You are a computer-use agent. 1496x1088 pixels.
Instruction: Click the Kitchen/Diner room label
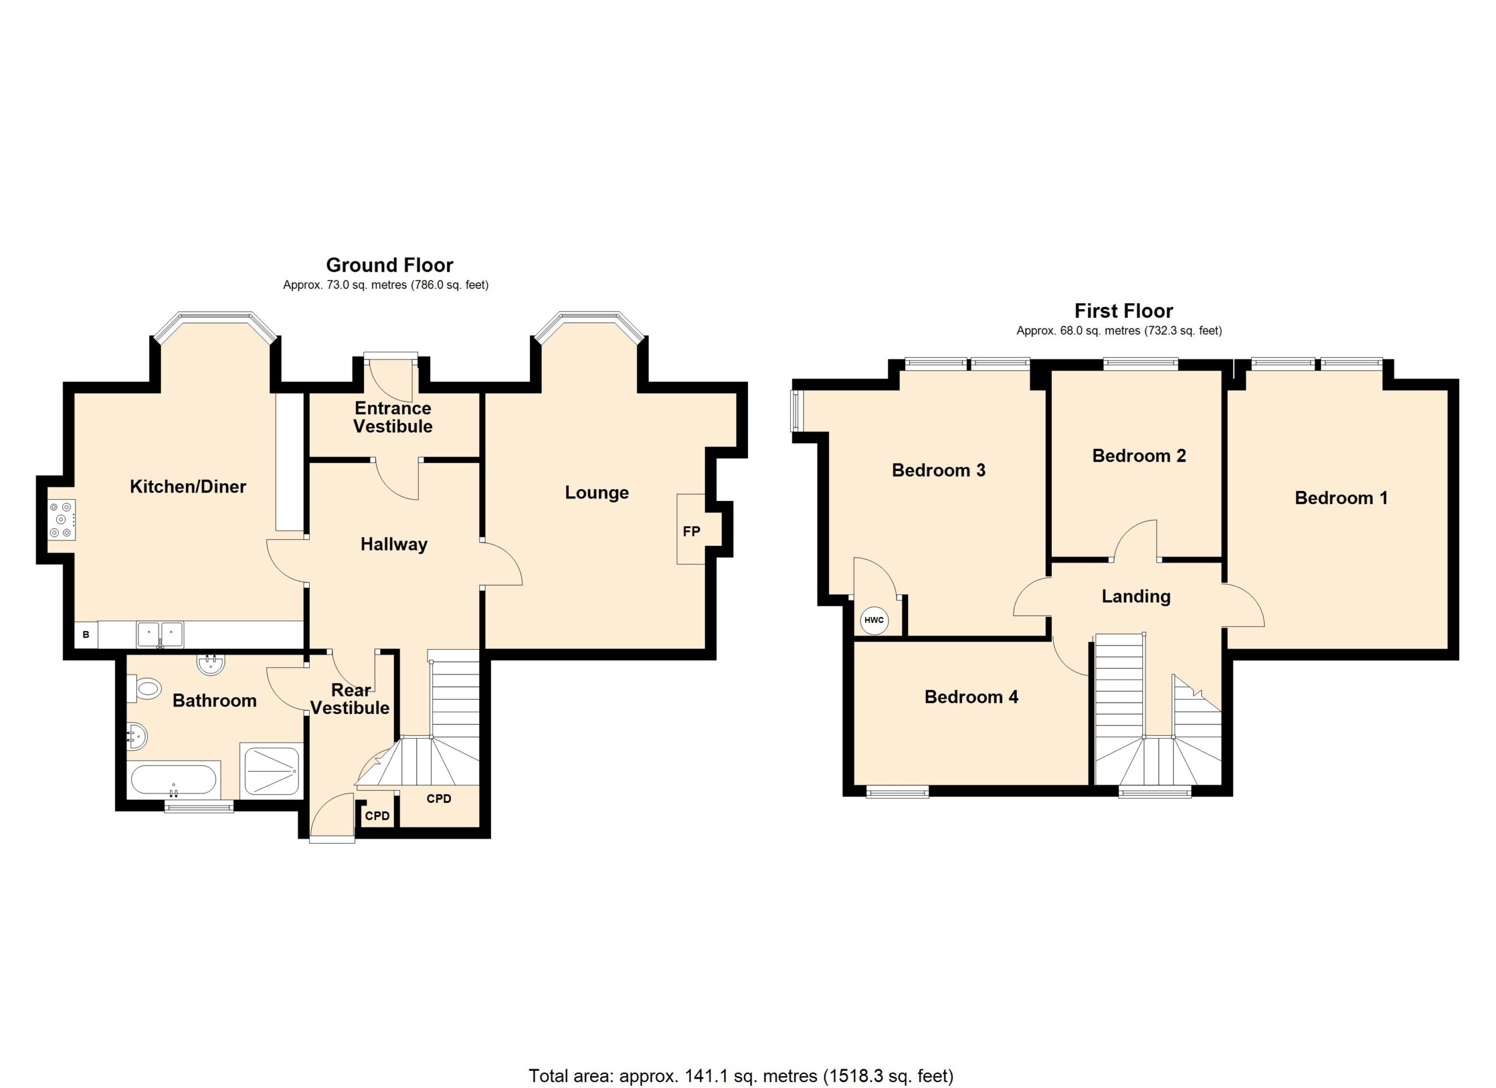(188, 487)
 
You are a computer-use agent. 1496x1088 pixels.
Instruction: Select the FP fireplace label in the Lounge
(691, 531)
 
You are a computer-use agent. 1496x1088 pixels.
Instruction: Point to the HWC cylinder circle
(874, 620)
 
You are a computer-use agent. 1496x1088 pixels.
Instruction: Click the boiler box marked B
(86, 635)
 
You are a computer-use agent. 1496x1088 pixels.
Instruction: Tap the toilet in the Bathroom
(144, 689)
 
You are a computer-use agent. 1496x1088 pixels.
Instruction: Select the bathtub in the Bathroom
(174, 781)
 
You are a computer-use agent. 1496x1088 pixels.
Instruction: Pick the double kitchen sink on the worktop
(160, 635)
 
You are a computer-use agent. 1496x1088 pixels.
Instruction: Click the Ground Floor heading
(389, 265)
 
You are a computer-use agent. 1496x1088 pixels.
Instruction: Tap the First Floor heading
(1123, 311)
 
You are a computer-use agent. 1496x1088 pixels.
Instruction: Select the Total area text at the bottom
(741, 1076)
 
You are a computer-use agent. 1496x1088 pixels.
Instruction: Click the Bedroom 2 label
(1138, 456)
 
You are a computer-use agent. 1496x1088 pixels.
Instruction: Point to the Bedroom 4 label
(971, 697)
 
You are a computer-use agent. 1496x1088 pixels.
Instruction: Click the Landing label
(1136, 596)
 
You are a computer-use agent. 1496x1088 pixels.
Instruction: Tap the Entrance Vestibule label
(393, 417)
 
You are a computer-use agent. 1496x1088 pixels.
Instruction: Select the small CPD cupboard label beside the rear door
(378, 816)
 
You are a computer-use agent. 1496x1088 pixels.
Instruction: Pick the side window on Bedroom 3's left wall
(795, 411)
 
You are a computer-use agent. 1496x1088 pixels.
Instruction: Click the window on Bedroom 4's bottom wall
(897, 791)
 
